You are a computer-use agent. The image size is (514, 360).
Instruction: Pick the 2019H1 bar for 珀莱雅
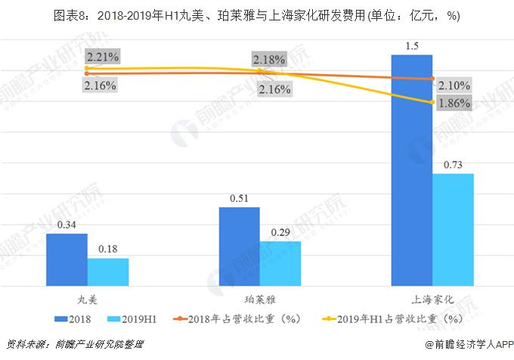click(x=280, y=263)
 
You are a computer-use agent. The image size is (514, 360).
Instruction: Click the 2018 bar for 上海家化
click(x=411, y=170)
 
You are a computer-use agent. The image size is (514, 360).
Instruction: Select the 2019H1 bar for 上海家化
click(x=453, y=229)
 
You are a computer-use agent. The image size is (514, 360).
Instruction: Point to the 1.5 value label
click(x=412, y=47)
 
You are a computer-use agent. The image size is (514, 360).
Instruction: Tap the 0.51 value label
click(x=239, y=199)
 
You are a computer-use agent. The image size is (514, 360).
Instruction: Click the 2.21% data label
click(x=101, y=57)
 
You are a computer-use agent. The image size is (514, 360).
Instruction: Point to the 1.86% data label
click(x=454, y=103)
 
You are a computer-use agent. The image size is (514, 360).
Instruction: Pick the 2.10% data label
click(x=454, y=85)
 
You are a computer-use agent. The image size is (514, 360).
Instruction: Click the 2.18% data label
click(x=270, y=59)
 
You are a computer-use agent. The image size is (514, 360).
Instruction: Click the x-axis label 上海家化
click(x=432, y=299)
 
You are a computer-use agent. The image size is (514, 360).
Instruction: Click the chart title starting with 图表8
click(x=257, y=15)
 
